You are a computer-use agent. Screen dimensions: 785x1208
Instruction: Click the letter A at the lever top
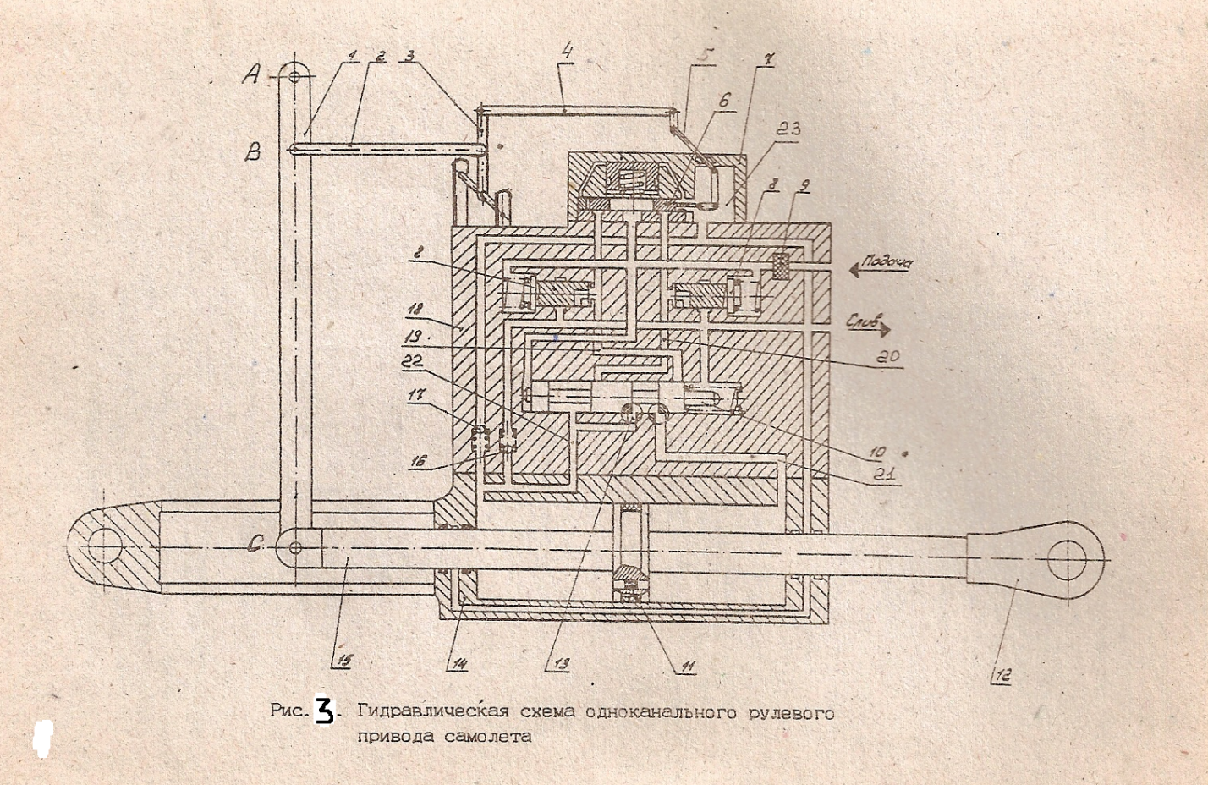tap(250, 76)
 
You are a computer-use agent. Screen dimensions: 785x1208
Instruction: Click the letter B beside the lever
tap(253, 152)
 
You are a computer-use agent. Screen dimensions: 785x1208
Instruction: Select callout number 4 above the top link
tap(567, 52)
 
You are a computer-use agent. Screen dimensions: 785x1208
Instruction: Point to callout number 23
tap(789, 129)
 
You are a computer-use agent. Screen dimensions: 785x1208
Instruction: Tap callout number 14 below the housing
tap(458, 664)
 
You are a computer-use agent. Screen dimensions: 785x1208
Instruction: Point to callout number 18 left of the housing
tap(439, 310)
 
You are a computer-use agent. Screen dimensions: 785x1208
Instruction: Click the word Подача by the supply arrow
tap(887, 263)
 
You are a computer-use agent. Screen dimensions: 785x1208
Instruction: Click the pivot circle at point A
tap(294, 76)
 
